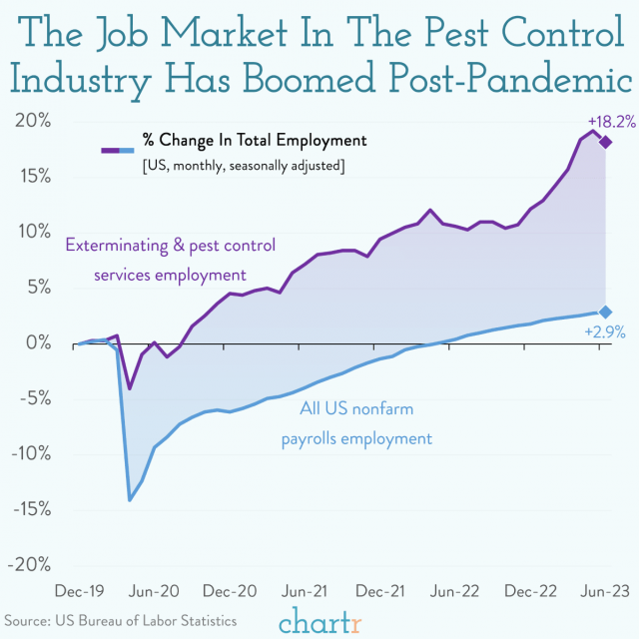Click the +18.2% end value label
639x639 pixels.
coord(604,121)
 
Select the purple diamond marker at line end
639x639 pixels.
coord(605,142)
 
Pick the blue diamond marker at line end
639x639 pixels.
coord(605,313)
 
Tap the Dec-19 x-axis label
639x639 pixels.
coord(77,590)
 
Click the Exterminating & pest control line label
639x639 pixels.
coord(170,259)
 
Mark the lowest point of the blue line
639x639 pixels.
coord(130,499)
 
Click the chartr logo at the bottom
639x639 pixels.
coord(319,621)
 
